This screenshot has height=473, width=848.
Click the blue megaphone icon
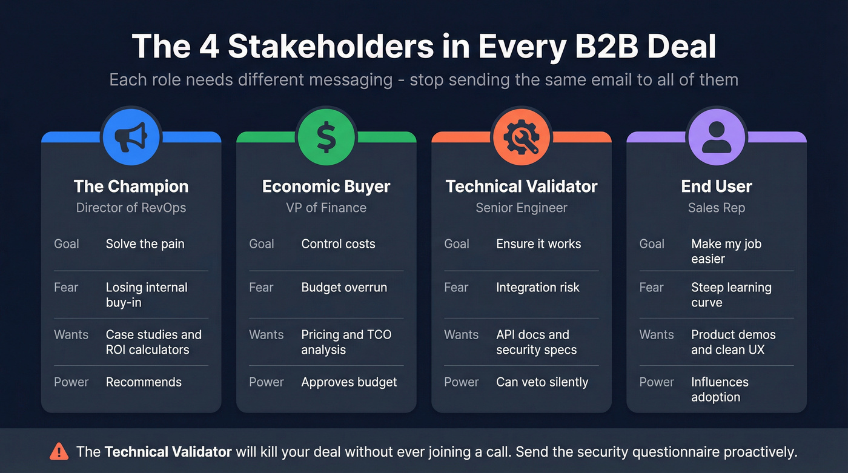tap(131, 136)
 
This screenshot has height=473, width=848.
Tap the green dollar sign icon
tap(326, 136)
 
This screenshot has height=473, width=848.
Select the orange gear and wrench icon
tap(521, 136)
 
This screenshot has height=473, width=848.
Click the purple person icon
tap(716, 136)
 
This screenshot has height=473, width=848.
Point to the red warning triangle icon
tap(59, 451)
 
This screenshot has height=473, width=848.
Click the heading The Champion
tap(131, 187)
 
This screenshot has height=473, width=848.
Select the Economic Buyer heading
tap(326, 187)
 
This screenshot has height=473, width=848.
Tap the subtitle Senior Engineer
tap(521, 208)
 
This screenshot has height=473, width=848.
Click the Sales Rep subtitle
tap(716, 208)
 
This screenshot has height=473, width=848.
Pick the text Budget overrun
tap(344, 288)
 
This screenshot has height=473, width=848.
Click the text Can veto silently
tap(542, 382)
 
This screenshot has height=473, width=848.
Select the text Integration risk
tap(538, 288)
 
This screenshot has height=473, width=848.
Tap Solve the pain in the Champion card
tap(145, 244)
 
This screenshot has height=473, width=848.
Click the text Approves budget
tap(349, 382)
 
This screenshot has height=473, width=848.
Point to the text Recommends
tap(144, 382)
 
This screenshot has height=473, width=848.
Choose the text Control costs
tap(338, 244)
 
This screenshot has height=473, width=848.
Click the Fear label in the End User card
tap(651, 288)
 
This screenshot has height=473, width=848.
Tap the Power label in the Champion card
tap(71, 382)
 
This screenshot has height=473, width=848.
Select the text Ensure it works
tap(538, 244)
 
